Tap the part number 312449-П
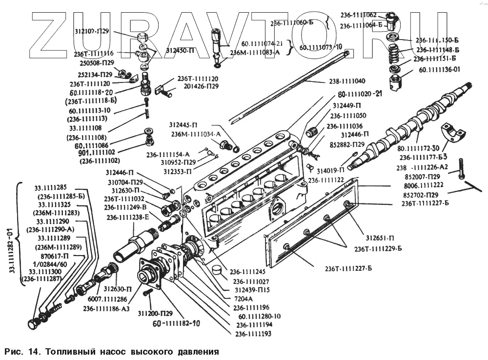[347, 105]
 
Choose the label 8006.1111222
[423, 185]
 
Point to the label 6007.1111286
[108, 299]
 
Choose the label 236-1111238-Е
[128, 218]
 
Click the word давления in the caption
[192, 351]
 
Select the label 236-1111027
[251, 281]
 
